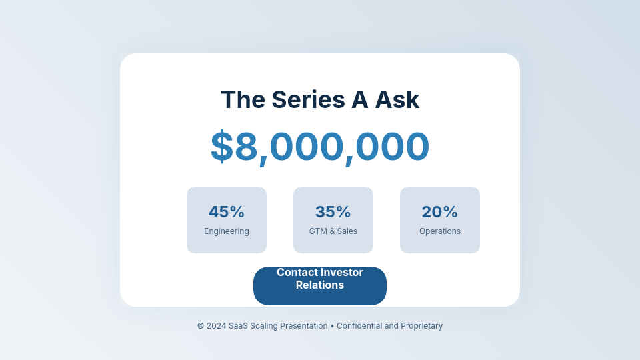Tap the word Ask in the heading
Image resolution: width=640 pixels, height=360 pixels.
tap(397, 100)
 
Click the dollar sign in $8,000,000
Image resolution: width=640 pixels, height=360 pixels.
tap(222, 147)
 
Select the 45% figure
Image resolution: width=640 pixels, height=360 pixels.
tap(227, 212)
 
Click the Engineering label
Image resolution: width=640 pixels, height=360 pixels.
tap(227, 231)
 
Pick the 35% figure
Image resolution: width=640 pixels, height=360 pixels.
tap(333, 212)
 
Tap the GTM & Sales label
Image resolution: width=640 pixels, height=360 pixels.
tap(333, 231)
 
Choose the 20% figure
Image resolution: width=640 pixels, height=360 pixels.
tap(440, 212)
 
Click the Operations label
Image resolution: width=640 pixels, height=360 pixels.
tap(440, 231)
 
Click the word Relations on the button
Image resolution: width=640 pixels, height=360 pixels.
tap(320, 285)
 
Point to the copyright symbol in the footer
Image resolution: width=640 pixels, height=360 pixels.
tap(201, 326)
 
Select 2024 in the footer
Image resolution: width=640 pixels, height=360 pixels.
tap(216, 326)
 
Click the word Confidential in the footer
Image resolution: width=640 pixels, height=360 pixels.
tap(361, 326)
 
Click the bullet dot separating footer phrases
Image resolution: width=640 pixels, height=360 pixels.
tap(332, 326)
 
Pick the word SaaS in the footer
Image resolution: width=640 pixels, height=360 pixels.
tap(238, 326)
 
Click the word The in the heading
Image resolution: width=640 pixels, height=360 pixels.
tap(243, 100)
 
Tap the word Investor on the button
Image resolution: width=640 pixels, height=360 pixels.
tap(342, 273)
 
